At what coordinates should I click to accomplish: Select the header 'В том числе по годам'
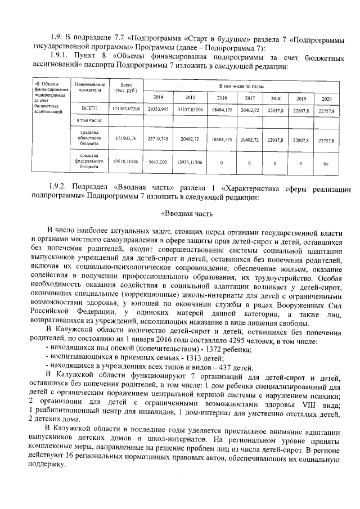[x=242, y=85]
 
